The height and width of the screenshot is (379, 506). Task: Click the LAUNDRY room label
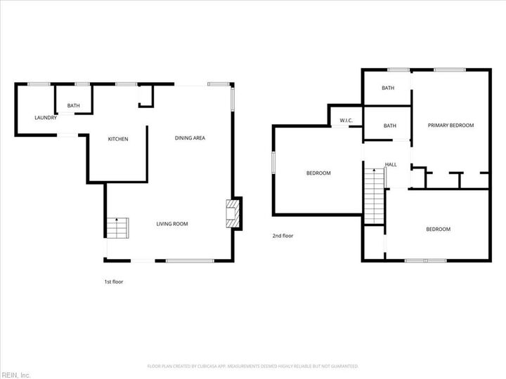point(46,117)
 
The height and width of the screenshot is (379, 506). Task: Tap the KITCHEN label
point(117,139)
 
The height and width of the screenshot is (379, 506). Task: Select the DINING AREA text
point(190,138)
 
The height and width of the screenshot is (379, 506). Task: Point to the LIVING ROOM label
point(172,224)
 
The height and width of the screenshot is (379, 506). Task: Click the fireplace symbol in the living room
point(233,214)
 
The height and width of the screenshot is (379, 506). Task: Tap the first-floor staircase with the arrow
point(117,228)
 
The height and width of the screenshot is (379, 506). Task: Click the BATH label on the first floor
point(73,106)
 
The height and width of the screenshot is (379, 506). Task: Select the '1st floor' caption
point(113,281)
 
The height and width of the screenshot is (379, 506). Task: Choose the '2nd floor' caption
point(283,236)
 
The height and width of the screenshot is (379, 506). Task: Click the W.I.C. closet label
point(346,121)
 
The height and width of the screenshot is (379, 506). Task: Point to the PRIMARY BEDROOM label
point(451,126)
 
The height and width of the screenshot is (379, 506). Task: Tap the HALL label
point(391,165)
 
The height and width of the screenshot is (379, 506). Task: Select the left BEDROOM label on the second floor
point(318,173)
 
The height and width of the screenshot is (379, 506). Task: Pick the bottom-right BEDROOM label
point(438,230)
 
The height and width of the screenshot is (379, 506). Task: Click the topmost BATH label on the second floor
point(388,88)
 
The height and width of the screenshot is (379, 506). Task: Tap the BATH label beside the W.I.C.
point(389,126)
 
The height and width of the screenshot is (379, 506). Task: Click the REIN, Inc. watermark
point(15,375)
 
